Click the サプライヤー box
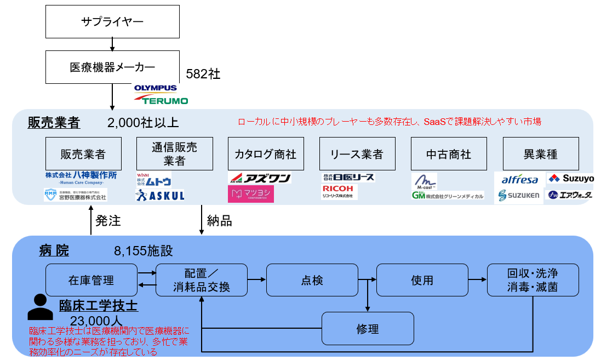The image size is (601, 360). (112, 22)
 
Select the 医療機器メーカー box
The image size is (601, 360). (112, 67)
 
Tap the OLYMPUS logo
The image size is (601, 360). (156, 88)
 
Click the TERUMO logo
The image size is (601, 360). (162, 100)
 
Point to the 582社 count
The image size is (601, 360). (203, 74)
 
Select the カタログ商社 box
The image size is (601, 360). (266, 154)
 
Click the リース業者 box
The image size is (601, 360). (357, 154)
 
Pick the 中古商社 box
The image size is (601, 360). (448, 154)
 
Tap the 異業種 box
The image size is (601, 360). (540, 154)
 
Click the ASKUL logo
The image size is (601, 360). (160, 195)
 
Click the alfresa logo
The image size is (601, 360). (520, 180)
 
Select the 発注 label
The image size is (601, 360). (108, 221)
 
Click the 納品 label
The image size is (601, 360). (219, 221)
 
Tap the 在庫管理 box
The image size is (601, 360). (91, 280)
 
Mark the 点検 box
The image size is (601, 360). (312, 280)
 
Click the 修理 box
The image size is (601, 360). (367, 329)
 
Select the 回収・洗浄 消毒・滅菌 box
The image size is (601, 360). (533, 280)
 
